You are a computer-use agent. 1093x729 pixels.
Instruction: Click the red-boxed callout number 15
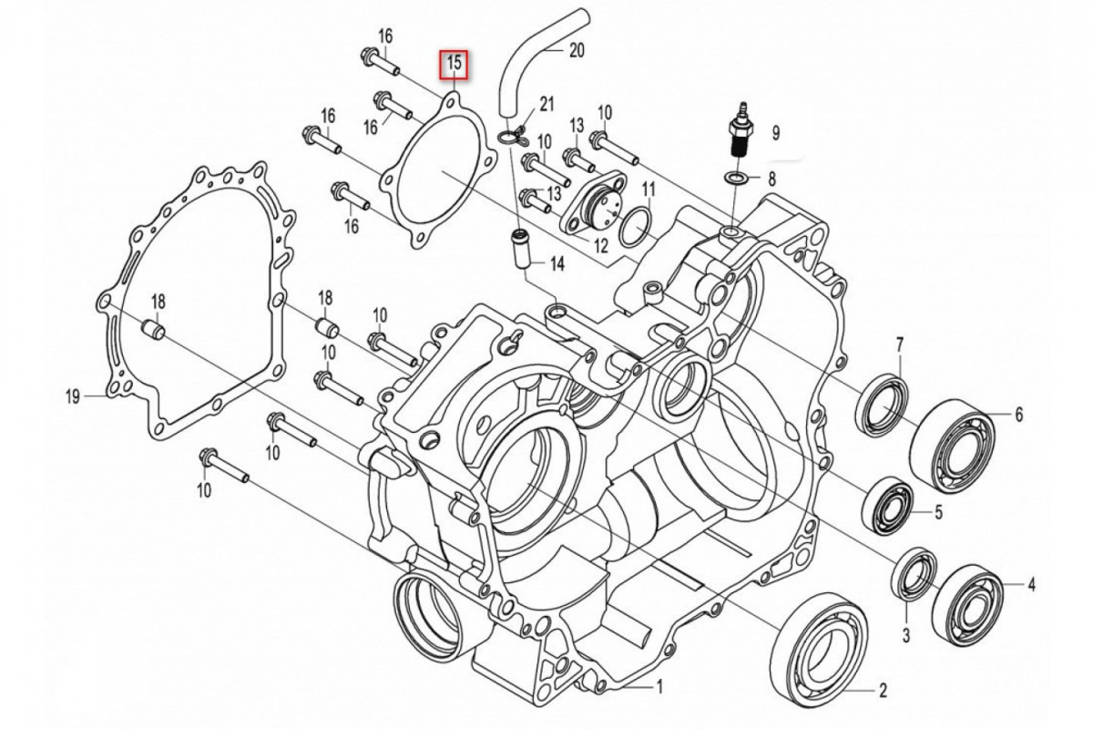[455, 63]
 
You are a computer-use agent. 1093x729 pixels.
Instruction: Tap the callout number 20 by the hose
[576, 51]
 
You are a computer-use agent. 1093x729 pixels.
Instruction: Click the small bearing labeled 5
[888, 504]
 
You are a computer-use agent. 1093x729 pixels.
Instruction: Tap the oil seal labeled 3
[915, 576]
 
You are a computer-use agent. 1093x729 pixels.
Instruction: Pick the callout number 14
[555, 264]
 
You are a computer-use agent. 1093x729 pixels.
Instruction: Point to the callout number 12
[600, 245]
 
